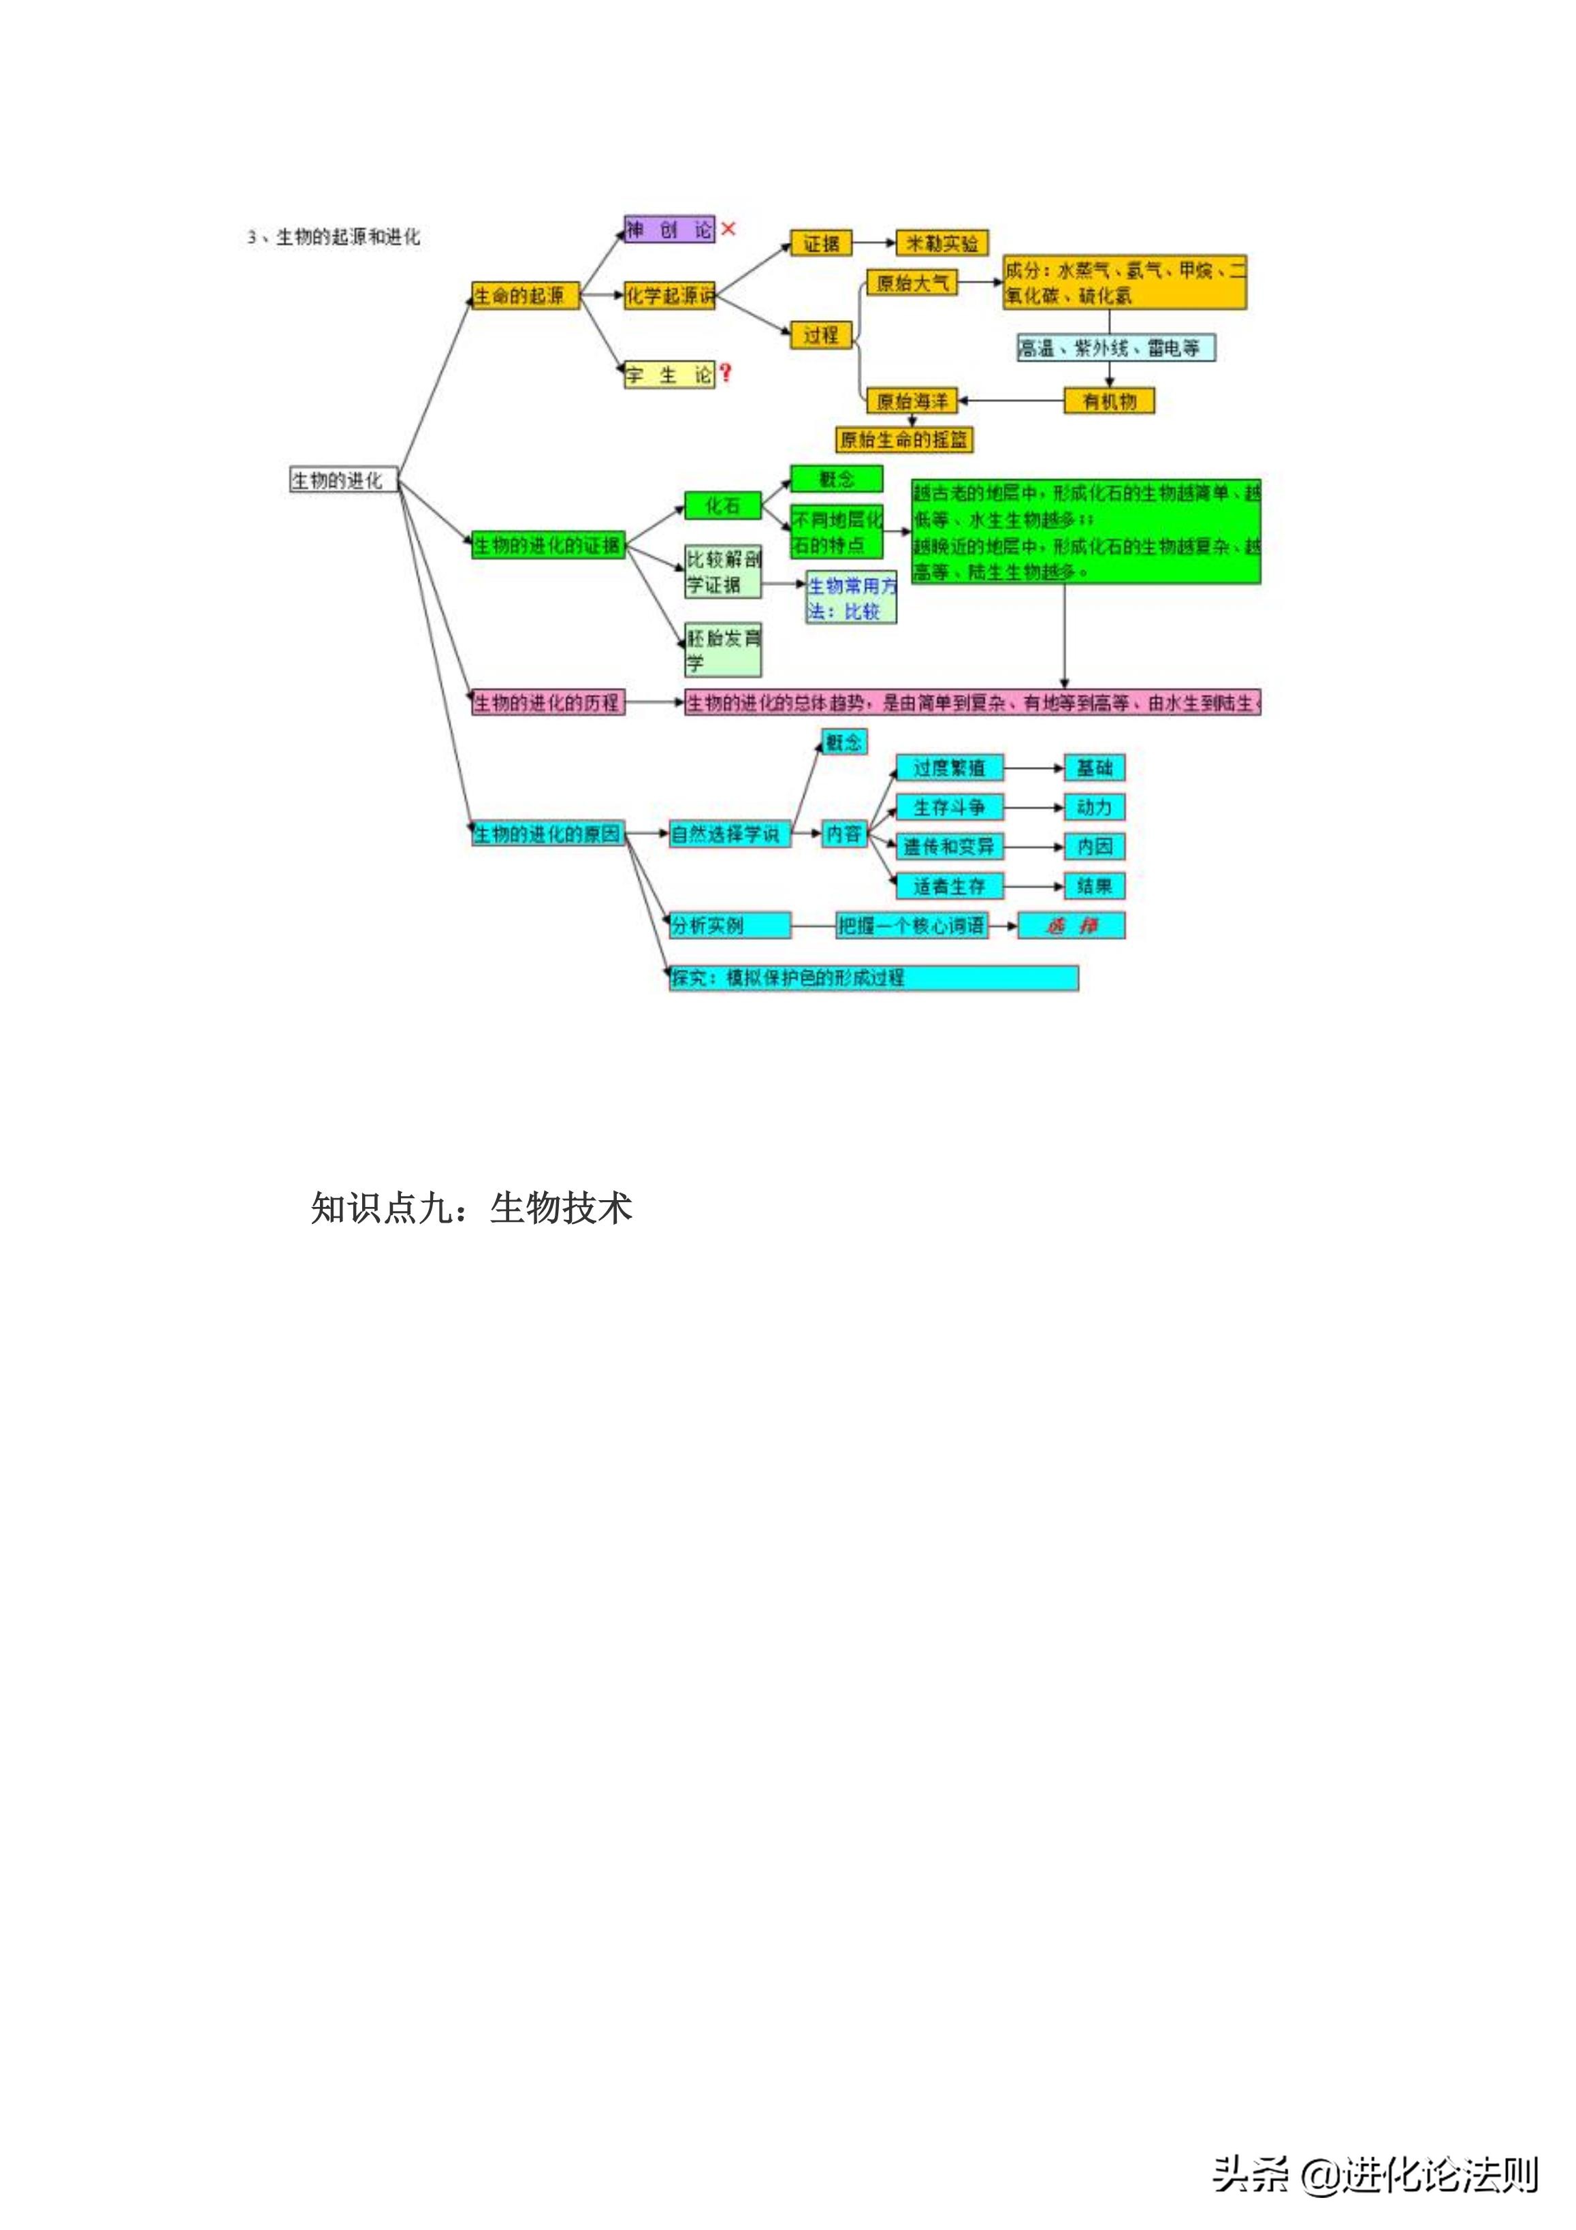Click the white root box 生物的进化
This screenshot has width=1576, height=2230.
343,480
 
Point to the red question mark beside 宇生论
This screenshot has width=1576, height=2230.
725,373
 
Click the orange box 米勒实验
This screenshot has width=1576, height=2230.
941,242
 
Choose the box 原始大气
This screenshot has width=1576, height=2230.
911,283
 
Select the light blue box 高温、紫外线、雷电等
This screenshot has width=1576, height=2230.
1114,347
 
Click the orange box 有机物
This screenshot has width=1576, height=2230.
1109,400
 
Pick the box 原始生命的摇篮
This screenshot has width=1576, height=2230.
903,439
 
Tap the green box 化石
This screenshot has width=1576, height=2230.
722,505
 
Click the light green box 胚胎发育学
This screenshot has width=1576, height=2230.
722,650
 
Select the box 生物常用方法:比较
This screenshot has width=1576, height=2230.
851,597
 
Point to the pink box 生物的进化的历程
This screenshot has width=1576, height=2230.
547,702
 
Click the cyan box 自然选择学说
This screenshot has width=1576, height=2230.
728,833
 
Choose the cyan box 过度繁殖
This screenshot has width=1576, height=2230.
949,768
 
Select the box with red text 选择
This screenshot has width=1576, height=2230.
1070,926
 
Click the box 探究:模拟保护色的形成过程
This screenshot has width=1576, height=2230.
873,977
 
